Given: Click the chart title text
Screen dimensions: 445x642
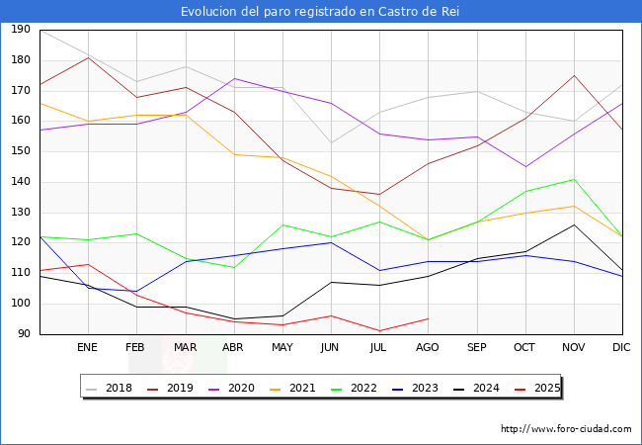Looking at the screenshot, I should [320, 12].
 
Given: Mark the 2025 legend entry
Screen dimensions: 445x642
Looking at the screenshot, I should [535, 388].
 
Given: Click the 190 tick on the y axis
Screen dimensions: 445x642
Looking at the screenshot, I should [20, 30].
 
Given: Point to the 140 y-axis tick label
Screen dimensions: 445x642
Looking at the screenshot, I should [20, 182].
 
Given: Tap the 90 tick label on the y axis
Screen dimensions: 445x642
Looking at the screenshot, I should [23, 334].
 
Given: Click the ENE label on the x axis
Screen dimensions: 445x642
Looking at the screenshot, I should [88, 348].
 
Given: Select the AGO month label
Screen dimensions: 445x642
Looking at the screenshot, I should [428, 348].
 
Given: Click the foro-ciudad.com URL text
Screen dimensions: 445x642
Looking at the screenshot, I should [566, 429].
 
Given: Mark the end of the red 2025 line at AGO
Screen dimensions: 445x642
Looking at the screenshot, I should [428, 318].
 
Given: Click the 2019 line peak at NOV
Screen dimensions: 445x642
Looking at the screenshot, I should [574, 75].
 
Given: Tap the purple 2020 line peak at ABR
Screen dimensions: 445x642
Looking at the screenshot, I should [234, 78].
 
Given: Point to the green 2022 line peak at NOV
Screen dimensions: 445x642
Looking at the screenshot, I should [574, 179].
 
